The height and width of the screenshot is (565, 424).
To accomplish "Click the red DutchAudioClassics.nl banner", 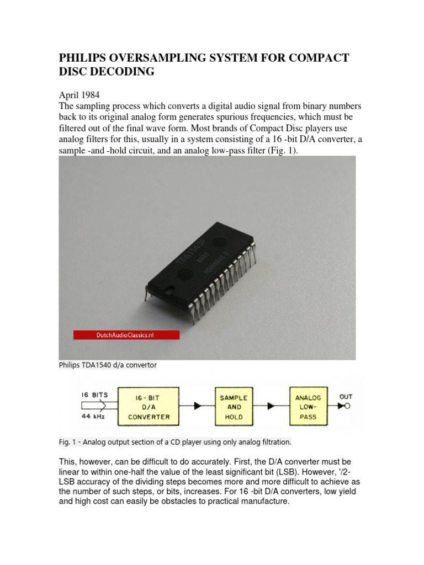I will pyautogui.click(x=126, y=335).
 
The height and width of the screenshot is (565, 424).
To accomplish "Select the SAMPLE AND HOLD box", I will pyautogui.click(x=234, y=407).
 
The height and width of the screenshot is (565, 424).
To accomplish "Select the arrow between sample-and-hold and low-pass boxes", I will pyautogui.click(x=271, y=407).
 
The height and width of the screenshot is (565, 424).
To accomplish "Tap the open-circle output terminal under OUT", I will pyautogui.click(x=349, y=406).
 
